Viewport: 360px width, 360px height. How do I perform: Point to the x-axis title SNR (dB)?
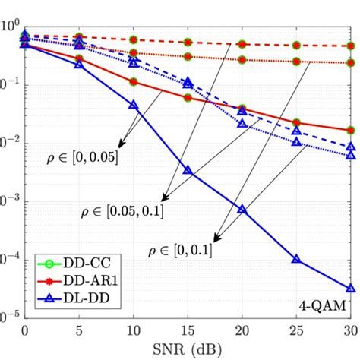[x=188, y=348]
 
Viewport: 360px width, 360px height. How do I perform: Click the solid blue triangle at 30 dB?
[x=350, y=289]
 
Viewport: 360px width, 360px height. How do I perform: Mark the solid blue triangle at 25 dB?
[x=296, y=260]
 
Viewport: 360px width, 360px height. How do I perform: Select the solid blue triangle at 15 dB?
[x=188, y=172]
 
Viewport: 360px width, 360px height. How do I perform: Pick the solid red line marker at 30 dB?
[x=350, y=131]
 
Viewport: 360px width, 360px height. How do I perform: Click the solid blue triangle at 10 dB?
[x=134, y=105]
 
